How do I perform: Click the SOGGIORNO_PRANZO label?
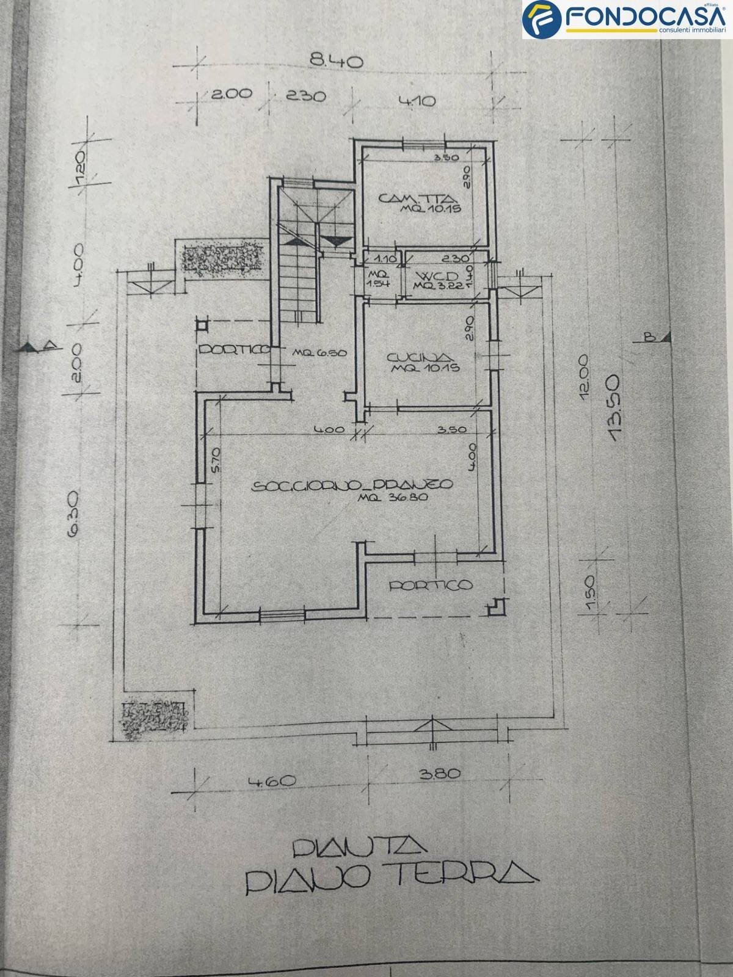[352, 485]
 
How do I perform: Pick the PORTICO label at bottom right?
[431, 585]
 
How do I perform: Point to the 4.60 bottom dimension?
[272, 781]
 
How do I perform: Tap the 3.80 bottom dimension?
[439, 774]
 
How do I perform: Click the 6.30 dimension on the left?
[73, 521]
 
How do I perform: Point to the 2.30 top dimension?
[305, 96]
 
